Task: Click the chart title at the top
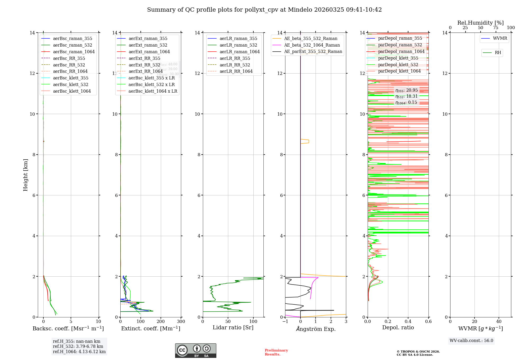264,10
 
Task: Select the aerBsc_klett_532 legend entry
70,84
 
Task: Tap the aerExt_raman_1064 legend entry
149,52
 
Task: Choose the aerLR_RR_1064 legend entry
236,71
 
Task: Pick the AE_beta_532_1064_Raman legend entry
312,45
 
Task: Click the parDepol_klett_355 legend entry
398,58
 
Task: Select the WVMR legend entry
500,38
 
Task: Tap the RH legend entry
498,53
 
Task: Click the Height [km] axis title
25,175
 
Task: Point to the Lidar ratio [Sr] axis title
233,327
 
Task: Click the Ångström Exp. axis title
316,329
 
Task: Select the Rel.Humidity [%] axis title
480,23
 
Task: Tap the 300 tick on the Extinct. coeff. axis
181,321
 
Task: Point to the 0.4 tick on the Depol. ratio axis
408,321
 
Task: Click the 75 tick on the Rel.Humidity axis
496,28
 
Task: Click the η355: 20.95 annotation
407,90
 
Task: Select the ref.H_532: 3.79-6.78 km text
78,346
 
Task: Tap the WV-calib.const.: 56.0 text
471,340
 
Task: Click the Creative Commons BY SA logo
195,350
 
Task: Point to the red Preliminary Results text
276,352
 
